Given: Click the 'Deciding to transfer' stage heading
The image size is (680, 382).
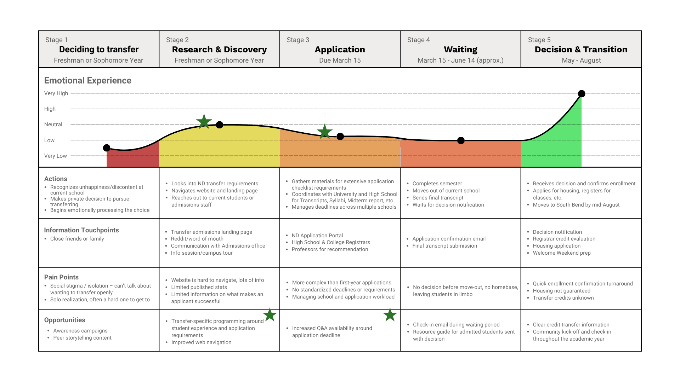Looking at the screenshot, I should [99, 50].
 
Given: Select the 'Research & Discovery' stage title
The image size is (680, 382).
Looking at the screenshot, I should [219, 50].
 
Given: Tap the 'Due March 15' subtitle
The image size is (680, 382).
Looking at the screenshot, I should [340, 60].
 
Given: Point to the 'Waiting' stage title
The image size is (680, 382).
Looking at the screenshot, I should [460, 50].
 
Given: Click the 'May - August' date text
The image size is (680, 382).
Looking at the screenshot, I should [581, 60].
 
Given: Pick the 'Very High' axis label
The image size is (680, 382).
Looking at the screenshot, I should [56, 93].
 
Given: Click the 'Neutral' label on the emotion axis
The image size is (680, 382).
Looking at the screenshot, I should [53, 125].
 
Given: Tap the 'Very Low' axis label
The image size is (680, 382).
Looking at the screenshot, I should [55, 156].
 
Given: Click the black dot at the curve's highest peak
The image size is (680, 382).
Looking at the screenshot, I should [582, 94].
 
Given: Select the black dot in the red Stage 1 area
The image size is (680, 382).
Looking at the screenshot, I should [107, 148].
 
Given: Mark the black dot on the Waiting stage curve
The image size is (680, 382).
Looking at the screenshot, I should [461, 140].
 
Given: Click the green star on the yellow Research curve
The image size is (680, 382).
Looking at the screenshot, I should [204, 122].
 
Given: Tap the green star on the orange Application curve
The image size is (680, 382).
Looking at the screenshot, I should [324, 132].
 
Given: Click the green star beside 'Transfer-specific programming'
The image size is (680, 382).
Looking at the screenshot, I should [270, 315].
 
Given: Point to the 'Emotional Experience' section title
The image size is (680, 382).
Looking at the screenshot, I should [87, 81].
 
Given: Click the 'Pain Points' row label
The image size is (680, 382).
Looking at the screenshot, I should [61, 277].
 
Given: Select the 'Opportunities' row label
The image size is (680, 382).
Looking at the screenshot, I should [64, 320].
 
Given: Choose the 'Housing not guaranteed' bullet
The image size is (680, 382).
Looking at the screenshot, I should [561, 291].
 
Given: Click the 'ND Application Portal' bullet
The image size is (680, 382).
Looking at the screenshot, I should [317, 236].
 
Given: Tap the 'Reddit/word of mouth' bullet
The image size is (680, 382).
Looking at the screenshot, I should [197, 239].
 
